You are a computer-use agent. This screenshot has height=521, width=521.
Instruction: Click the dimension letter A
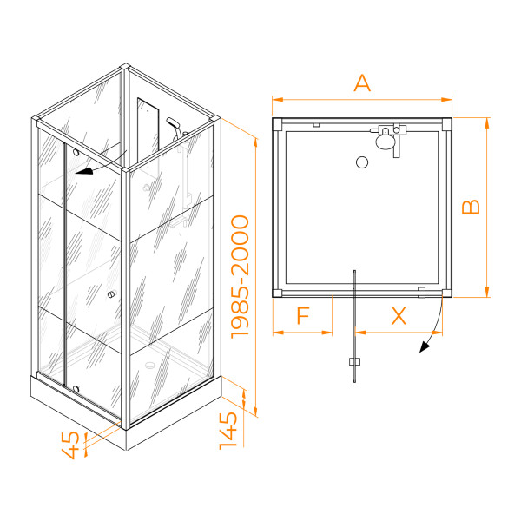[x=362, y=83]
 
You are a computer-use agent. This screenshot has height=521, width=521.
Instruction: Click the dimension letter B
[x=472, y=207]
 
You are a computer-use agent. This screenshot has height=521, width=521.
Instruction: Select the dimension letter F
[x=303, y=316]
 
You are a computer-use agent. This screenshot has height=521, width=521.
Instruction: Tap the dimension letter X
[x=399, y=316]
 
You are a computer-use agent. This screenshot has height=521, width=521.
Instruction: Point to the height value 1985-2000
[x=240, y=277]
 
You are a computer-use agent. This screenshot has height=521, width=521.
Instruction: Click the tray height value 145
[x=228, y=431]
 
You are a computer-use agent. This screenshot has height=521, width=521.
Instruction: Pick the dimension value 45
[x=71, y=445]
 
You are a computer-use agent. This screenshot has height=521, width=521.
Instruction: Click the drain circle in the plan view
[x=362, y=162]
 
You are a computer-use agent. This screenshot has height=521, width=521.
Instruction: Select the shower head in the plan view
[x=385, y=140]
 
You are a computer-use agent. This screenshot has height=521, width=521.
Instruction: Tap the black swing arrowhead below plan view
[x=425, y=346]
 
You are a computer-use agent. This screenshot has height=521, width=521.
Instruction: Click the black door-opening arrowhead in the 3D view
[x=84, y=171]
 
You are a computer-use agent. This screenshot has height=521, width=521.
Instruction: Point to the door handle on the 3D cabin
[x=111, y=294]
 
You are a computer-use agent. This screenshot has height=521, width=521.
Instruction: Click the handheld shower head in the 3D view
[x=173, y=123]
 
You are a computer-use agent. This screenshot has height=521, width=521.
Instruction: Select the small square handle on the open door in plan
[x=355, y=362]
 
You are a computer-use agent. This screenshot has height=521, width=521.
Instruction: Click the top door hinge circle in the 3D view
[x=76, y=153]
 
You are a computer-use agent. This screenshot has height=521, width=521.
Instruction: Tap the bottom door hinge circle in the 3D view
[x=76, y=389]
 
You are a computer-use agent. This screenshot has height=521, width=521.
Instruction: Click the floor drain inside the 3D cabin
[x=150, y=365]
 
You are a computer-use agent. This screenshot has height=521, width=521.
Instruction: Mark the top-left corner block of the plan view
[x=277, y=123]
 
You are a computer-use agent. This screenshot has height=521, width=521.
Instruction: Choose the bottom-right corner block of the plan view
[x=447, y=293]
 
